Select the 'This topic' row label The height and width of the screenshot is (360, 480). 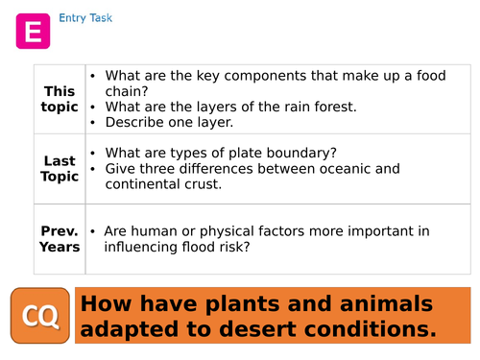[x=60, y=99]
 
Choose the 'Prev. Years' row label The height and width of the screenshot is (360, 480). [x=60, y=239]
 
